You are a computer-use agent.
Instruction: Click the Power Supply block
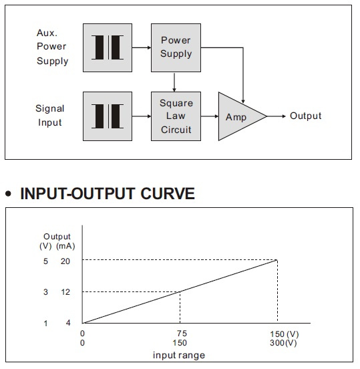tap(176, 47)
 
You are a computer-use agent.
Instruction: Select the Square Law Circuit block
tap(176, 116)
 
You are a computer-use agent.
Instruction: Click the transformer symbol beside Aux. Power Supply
tap(108, 47)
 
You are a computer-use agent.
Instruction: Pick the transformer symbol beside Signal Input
tap(108, 116)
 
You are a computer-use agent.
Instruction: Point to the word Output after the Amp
tap(305, 116)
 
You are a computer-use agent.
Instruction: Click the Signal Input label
tap(50, 115)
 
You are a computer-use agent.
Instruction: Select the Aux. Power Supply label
tap(52, 47)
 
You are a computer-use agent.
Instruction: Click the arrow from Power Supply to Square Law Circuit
tap(174, 82)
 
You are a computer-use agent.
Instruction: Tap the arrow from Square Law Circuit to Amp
tap(210, 116)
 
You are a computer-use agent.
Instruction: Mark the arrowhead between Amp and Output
tap(284, 116)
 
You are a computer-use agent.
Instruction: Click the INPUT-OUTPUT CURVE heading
tap(108, 194)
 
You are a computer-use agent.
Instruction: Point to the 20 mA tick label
tap(65, 261)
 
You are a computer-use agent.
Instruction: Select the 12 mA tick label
tap(65, 292)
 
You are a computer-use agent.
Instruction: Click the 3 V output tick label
tap(45, 292)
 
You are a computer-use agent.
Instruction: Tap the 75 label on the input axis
tap(182, 334)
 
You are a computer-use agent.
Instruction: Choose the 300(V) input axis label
tap(283, 343)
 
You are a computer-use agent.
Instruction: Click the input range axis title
tap(179, 355)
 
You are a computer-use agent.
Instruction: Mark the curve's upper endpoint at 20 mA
tap(277, 260)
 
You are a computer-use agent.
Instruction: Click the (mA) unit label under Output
tap(65, 246)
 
